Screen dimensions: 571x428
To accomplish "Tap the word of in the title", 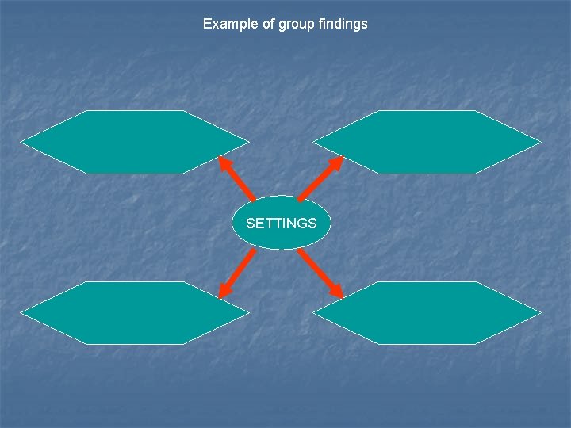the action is (267, 24).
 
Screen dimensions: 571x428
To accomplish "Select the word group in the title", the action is (294, 24).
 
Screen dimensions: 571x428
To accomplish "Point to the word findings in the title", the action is (343, 24).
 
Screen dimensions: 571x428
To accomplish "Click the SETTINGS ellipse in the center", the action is (281, 224).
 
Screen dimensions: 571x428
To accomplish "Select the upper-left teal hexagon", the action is (135, 142).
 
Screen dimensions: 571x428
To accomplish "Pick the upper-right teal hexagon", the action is (427, 142).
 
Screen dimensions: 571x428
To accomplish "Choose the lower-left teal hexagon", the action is (135, 313).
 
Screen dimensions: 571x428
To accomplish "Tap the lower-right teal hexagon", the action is (427, 313).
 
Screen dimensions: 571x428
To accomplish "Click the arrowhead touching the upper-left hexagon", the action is (224, 162).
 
